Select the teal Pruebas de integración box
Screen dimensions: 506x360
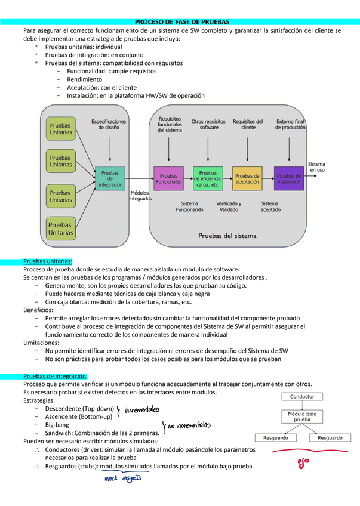point(110,178)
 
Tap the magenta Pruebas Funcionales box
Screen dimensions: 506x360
point(169,178)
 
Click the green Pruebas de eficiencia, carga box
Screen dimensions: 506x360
point(208,178)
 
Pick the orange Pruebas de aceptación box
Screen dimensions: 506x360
point(247,178)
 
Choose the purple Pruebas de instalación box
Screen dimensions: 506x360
point(289,178)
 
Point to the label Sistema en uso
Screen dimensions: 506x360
point(316,166)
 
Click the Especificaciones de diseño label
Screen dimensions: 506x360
point(109,124)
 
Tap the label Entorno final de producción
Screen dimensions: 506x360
point(291,124)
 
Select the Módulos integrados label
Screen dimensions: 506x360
point(140,196)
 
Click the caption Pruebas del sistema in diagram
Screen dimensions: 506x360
point(227,236)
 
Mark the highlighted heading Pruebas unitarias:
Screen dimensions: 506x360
point(48,261)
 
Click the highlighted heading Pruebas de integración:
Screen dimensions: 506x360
point(55,376)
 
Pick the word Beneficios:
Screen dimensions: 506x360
point(38,310)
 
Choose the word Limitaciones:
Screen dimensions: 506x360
point(41,343)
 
